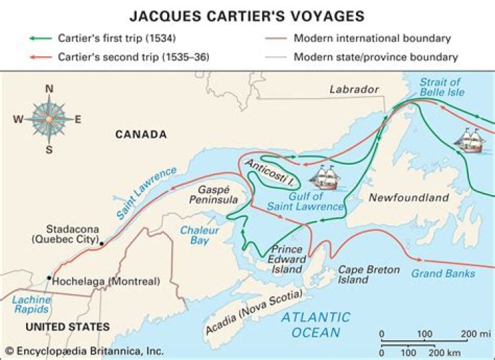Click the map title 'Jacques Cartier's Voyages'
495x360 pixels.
[x=247, y=14]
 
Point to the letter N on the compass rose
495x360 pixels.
[x=49, y=88]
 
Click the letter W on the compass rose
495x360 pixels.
[x=18, y=119]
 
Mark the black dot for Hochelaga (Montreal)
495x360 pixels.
[x=48, y=278]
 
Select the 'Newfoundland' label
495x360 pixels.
[x=408, y=198]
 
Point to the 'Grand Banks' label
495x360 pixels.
[x=443, y=273]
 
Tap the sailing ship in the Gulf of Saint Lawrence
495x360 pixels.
[x=324, y=180]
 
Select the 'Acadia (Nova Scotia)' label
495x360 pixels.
[x=254, y=315]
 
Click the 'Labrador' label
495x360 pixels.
[x=353, y=89]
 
